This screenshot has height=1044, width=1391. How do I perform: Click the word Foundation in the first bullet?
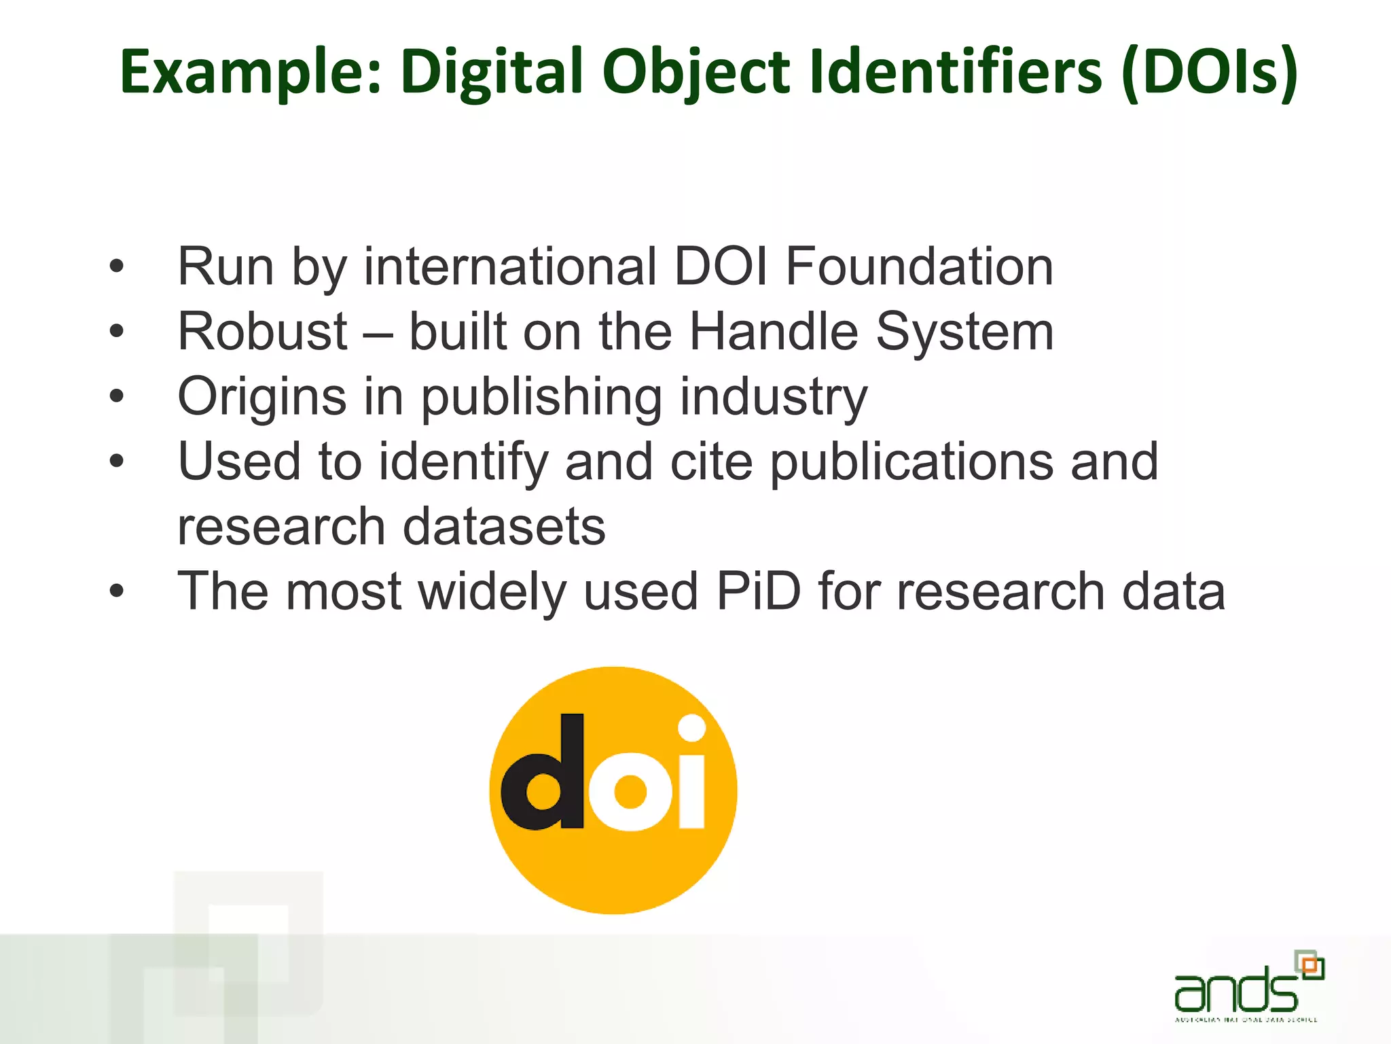[919, 266]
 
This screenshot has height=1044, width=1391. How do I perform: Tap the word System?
[964, 332]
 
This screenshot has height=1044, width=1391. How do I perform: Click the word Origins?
[262, 397]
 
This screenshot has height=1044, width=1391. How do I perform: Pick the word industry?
[774, 397]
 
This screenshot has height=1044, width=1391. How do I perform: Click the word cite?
[711, 462]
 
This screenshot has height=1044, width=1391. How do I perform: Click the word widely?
[492, 591]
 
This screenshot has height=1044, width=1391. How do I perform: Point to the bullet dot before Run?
[117, 266]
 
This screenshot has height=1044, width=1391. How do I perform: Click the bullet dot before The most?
[117, 591]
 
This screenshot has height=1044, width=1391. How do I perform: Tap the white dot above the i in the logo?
[691, 729]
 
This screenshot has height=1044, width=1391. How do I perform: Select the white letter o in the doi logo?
[630, 793]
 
